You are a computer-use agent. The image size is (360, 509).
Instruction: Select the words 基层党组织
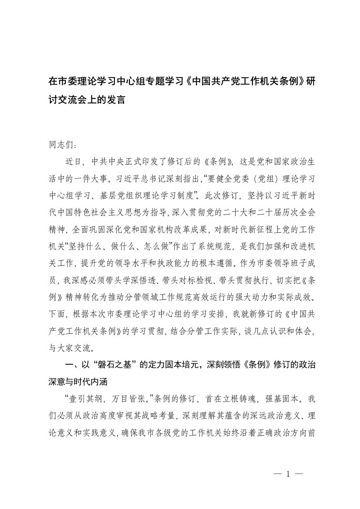tap(137, 187)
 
